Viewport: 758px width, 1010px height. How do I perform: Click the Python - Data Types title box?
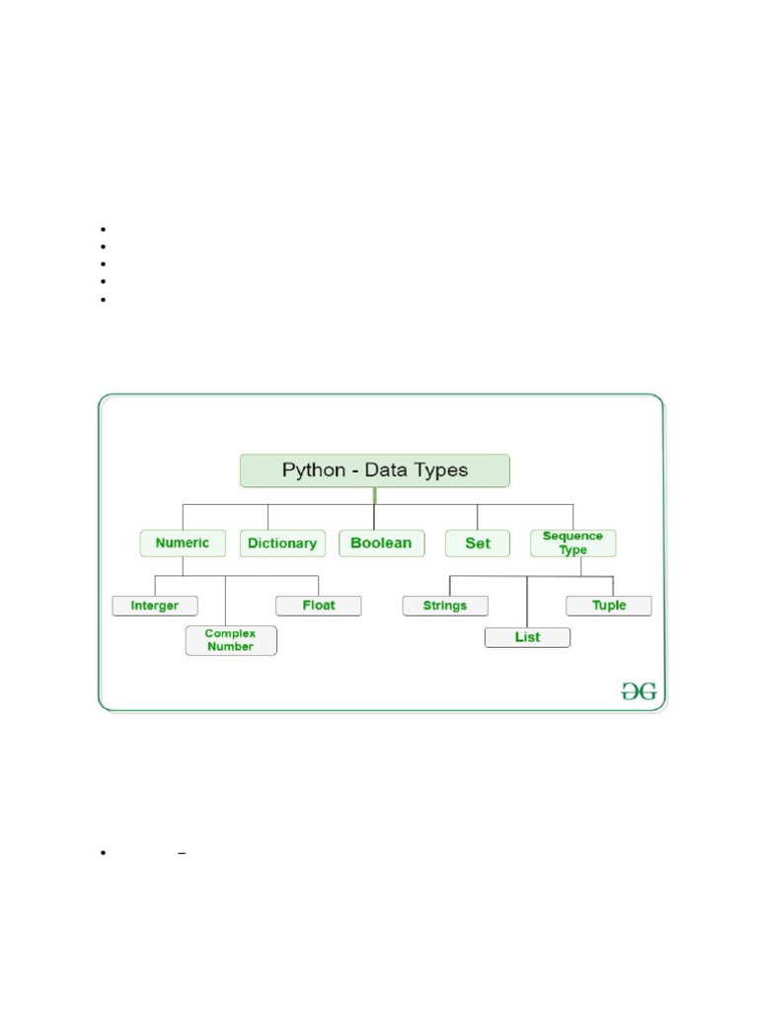point(375,470)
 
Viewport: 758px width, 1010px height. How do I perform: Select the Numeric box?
point(183,543)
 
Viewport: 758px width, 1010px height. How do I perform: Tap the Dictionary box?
point(282,543)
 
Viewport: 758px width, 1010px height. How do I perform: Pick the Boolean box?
point(381,543)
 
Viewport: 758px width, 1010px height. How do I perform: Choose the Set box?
point(478,543)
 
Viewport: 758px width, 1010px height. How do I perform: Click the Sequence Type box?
point(572,543)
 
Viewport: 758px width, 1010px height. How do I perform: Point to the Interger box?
point(155,606)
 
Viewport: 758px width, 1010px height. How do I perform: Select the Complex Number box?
point(231,640)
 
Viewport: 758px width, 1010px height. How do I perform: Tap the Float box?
point(318,606)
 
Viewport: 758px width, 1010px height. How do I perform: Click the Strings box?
point(445,606)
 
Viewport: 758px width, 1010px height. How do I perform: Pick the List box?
point(527,637)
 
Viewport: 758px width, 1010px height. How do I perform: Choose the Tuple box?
point(608,606)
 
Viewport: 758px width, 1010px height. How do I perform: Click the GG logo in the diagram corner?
point(638,691)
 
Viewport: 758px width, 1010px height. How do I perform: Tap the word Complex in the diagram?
point(230,633)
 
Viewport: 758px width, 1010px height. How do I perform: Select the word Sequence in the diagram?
point(572,537)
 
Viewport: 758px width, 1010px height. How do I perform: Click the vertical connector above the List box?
point(527,602)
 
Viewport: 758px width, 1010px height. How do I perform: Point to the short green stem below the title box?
point(375,495)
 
